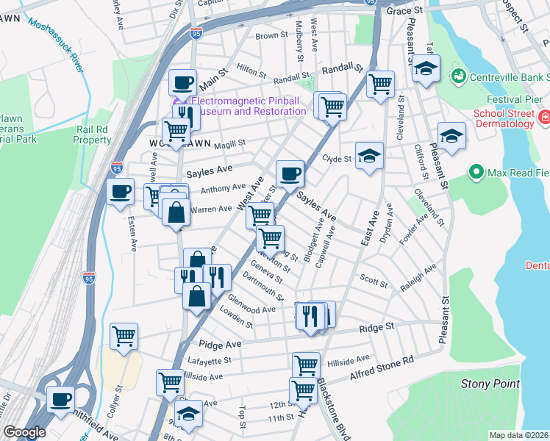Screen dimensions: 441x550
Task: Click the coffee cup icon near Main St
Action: click(x=182, y=82)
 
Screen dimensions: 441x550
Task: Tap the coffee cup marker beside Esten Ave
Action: click(x=121, y=192)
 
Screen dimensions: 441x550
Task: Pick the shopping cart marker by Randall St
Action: click(x=380, y=84)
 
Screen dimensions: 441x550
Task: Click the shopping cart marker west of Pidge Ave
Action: click(x=124, y=336)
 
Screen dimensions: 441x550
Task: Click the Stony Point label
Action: click(x=490, y=384)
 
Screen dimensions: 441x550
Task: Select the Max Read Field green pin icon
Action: click(x=476, y=173)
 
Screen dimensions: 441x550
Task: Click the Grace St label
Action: click(x=404, y=12)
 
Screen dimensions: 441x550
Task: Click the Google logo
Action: click(x=24, y=432)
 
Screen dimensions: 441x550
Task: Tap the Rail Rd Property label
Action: click(x=93, y=135)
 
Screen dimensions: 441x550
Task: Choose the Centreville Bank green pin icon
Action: click(x=458, y=76)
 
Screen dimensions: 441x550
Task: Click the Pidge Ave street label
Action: click(x=220, y=344)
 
